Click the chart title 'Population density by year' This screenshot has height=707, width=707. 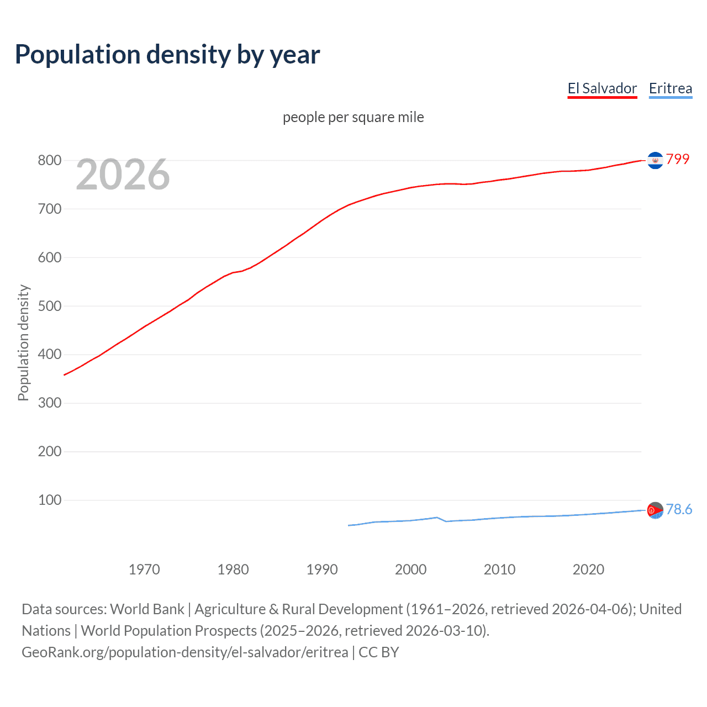(167, 55)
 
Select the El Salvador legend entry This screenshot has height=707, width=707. (602, 88)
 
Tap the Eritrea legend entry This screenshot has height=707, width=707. (670, 88)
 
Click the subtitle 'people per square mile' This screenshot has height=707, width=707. (353, 117)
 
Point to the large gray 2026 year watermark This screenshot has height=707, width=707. (123, 175)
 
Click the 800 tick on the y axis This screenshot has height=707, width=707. (49, 161)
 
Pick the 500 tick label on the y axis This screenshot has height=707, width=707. (49, 306)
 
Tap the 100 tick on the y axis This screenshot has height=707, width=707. (49, 500)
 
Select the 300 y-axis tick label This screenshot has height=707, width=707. (49, 403)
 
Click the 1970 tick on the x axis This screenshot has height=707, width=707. (144, 569)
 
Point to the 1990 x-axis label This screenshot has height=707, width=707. (322, 569)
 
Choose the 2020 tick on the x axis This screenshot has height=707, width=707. (588, 569)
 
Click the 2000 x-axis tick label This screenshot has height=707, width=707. (411, 569)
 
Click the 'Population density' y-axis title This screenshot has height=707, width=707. (23, 342)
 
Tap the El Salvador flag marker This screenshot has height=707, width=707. (655, 160)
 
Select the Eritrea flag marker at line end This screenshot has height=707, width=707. (655, 510)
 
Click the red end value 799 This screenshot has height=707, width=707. (678, 159)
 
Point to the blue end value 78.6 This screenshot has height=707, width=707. (679, 509)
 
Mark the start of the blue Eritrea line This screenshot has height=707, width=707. (349, 525)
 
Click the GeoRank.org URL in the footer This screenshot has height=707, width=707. (185, 652)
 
